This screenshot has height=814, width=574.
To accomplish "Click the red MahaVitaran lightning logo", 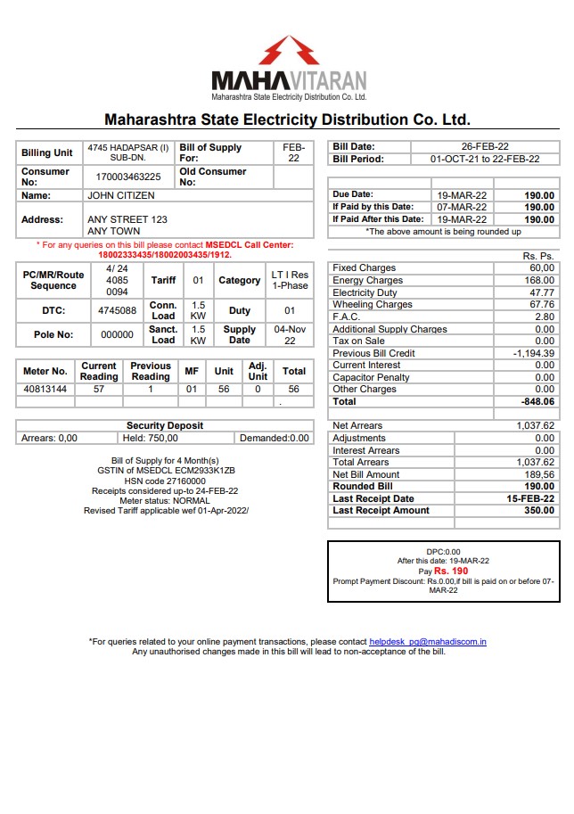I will tap(289, 50).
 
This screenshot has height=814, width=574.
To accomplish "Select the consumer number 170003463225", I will tap(128, 177).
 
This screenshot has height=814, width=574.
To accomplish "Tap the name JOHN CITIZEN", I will tap(120, 195).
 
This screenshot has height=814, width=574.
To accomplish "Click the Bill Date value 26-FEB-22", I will tap(485, 146).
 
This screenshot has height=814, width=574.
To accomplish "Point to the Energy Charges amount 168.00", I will tap(539, 281).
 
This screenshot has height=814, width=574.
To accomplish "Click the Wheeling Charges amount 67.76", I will tap(541, 305).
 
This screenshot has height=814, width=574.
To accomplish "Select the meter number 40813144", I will tap(45, 390).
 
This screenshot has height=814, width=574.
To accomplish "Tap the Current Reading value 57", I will tap(99, 390).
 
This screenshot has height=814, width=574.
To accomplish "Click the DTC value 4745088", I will tap(117, 311).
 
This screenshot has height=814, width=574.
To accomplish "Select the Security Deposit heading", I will tap(164, 426).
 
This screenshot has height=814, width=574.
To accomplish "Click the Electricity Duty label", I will tap(365, 292).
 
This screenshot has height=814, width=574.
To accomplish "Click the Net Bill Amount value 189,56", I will tap(538, 475).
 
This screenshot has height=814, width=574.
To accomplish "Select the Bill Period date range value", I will tap(485, 159).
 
